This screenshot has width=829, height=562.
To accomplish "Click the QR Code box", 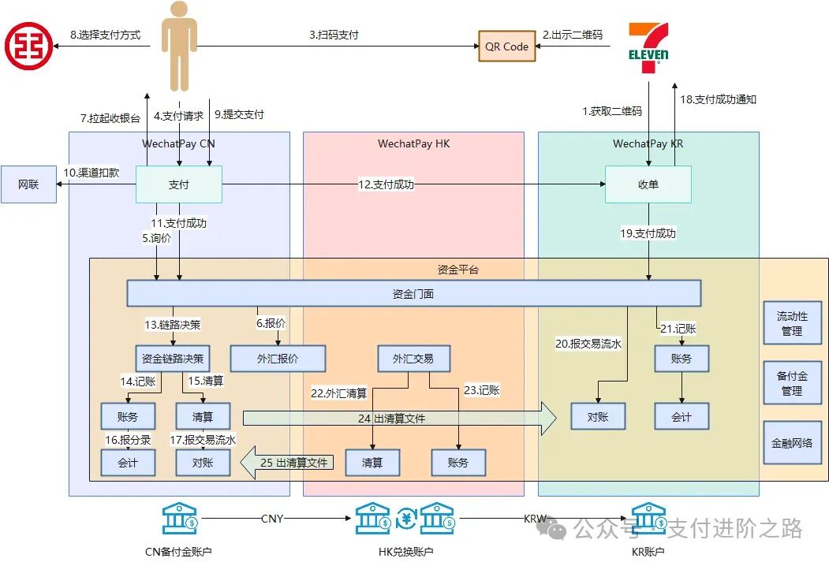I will point(506,47).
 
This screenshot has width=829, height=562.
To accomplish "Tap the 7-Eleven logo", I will point(648,48).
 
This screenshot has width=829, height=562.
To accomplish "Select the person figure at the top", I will point(179,46).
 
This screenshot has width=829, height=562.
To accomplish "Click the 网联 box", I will point(28,184).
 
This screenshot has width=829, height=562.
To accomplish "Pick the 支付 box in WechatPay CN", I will point(178,184).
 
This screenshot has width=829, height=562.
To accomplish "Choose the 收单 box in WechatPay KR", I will point(648,184).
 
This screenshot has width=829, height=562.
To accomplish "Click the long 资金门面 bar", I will point(413,294).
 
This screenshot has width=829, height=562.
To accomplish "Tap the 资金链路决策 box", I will point(173,359).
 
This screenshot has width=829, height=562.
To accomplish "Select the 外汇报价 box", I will point(278,359).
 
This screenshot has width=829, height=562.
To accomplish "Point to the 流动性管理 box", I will point(791,323).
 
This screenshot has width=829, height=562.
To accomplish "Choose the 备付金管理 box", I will point(791,383).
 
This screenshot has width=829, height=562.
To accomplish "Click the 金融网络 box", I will point(791,443).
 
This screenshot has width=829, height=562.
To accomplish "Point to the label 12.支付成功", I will point(386,184).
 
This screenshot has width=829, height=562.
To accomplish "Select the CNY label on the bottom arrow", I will point(272,519).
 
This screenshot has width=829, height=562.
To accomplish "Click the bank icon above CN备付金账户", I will point(180,519).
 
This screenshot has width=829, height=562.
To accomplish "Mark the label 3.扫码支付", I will point(334,35).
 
